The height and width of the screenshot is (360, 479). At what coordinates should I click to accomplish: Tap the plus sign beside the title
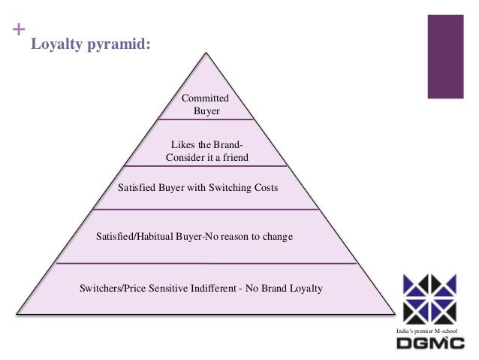(x=16, y=33)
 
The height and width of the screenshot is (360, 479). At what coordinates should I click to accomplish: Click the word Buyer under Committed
(x=206, y=112)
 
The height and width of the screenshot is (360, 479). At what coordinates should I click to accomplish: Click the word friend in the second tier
(x=233, y=157)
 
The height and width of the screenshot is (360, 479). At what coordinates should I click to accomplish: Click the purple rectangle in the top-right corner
(x=444, y=56)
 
